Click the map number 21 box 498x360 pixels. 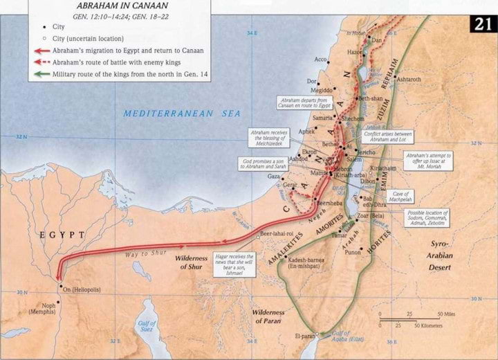coord(483,24)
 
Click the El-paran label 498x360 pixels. coord(304,336)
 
